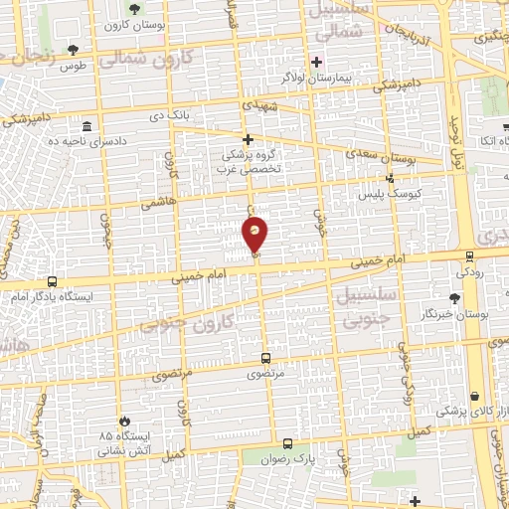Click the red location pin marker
(x=255, y=235)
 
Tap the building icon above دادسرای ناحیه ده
(x=86, y=127)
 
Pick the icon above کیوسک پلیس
(x=390, y=179)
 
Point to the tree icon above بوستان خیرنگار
(x=455, y=297)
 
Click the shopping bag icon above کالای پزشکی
(x=474, y=396)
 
